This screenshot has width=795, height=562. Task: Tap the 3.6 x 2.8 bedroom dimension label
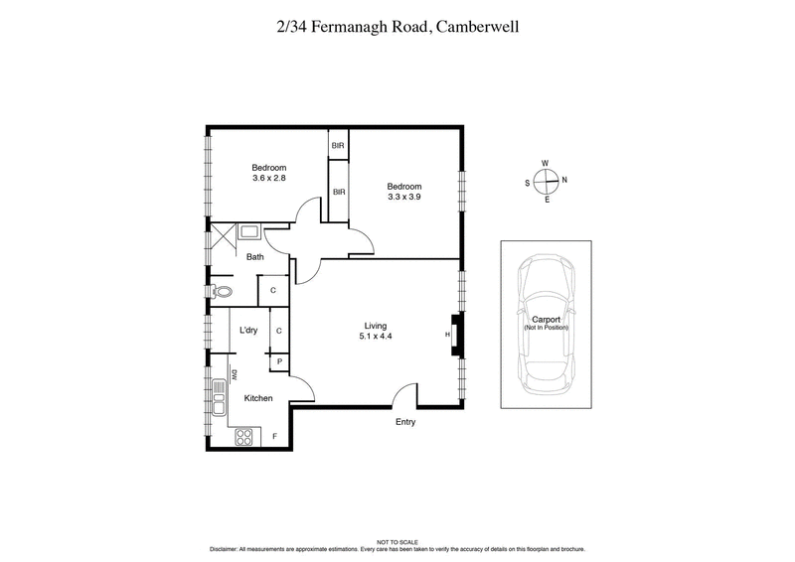click(x=268, y=178)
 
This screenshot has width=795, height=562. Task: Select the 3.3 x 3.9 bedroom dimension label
click(x=404, y=198)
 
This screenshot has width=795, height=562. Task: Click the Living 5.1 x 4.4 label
click(x=375, y=336)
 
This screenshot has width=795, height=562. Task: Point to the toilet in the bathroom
click(x=222, y=291)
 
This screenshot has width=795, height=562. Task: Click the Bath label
click(x=255, y=257)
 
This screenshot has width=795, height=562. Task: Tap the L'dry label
click(x=248, y=331)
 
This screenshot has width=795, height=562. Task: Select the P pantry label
click(x=279, y=362)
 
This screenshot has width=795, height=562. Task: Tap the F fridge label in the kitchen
click(x=274, y=436)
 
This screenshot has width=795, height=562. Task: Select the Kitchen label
click(x=258, y=398)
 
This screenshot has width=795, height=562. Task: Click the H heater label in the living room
click(x=447, y=335)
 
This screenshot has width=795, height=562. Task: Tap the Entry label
click(x=404, y=422)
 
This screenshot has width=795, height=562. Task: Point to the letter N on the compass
click(x=564, y=181)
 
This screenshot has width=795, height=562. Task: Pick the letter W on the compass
click(x=545, y=163)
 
